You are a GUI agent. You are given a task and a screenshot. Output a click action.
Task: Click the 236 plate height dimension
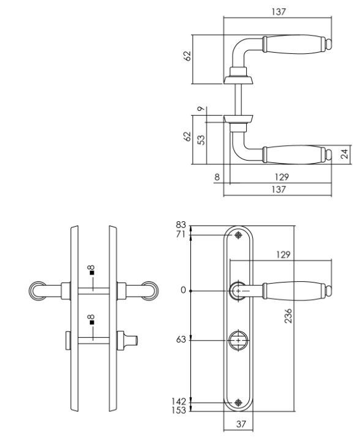(x=288, y=316)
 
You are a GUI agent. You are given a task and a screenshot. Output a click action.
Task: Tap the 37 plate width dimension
(x=241, y=424)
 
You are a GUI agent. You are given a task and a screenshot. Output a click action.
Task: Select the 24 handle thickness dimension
(x=345, y=154)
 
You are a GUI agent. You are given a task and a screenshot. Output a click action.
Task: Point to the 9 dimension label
(x=201, y=108)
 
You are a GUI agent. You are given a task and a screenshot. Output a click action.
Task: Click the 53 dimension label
(x=201, y=140)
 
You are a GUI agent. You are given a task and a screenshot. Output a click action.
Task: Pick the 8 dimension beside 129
(x=217, y=177)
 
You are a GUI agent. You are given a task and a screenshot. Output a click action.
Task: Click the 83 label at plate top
(x=181, y=225)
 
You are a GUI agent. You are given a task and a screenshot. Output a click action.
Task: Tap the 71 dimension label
(x=181, y=235)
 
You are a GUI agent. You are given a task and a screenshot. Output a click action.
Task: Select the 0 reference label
(x=183, y=290)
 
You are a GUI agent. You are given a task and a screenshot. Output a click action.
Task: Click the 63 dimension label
(x=181, y=340)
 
